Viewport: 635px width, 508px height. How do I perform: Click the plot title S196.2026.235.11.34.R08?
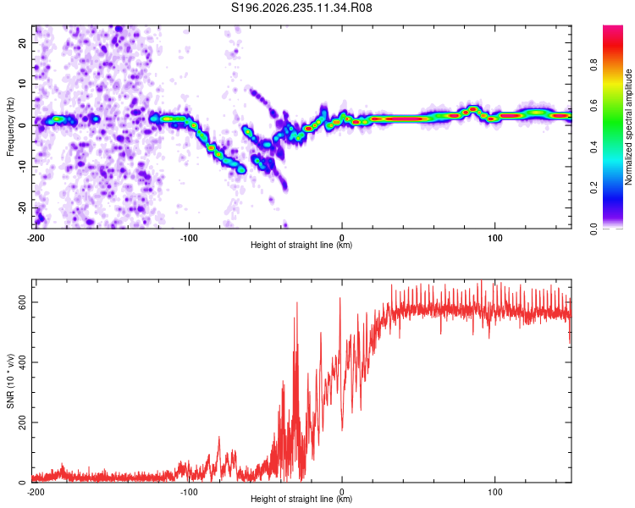(x=301, y=8)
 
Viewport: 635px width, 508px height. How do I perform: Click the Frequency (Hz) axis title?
(x=10, y=127)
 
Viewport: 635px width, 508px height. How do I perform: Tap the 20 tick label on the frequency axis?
(x=23, y=43)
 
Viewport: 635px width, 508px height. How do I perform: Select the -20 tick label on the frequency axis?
(x=23, y=207)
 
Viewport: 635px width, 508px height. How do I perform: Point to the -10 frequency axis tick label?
(x=23, y=167)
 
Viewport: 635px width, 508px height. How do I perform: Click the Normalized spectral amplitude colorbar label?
(x=628, y=127)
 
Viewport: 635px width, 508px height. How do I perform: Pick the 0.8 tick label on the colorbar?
(x=594, y=65)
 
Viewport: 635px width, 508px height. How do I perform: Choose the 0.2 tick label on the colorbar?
(x=594, y=188)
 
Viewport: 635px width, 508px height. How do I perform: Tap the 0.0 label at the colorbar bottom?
(x=594, y=229)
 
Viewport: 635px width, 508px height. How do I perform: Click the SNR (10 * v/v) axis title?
(x=10, y=381)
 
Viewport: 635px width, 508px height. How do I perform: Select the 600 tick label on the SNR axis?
(x=23, y=302)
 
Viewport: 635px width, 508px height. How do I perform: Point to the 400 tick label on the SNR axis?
(x=23, y=362)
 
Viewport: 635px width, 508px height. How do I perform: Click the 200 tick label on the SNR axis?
(x=23, y=422)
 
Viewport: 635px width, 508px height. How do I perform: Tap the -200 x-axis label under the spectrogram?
(x=36, y=238)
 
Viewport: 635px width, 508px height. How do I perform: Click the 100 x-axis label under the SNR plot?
(x=495, y=492)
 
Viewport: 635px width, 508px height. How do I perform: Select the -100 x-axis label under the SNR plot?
(x=189, y=492)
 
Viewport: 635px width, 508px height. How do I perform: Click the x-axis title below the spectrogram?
(x=301, y=245)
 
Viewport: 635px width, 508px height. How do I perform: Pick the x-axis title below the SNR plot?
(x=301, y=499)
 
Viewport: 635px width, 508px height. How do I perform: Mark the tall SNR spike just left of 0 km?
(x=340, y=361)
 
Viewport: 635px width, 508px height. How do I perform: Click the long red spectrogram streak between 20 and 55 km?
(x=400, y=119)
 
